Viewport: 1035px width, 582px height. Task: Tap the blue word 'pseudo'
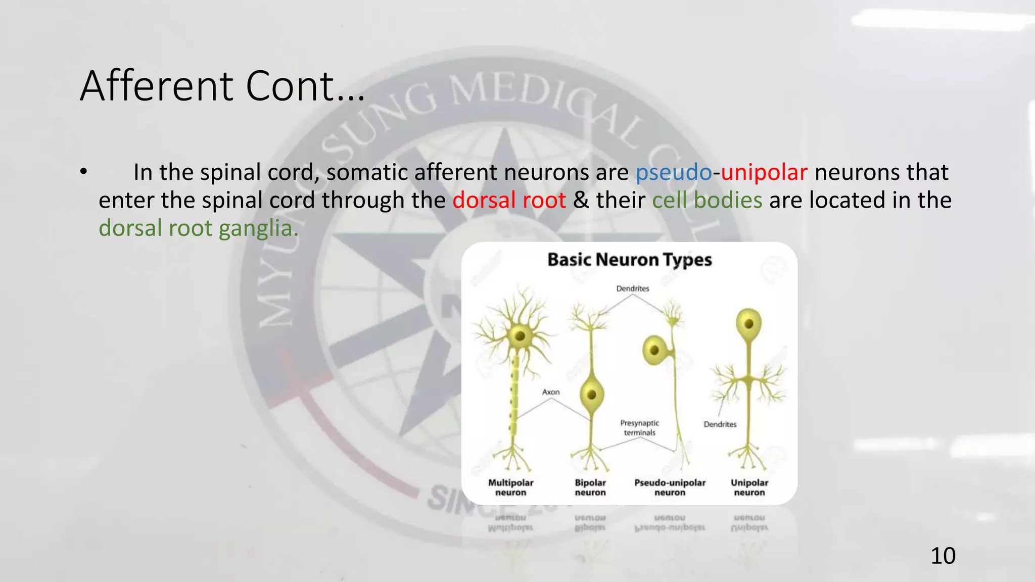[x=673, y=172]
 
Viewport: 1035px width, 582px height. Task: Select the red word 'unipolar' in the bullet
[x=764, y=172]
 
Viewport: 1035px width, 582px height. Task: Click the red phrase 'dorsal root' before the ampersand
[x=508, y=200]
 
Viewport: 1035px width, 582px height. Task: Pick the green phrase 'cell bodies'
[x=707, y=200]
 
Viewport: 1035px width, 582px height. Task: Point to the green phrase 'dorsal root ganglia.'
[x=198, y=228]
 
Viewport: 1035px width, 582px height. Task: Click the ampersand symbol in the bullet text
[x=581, y=200]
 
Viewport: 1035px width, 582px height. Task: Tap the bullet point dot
[x=83, y=172]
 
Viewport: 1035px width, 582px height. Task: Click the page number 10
[x=943, y=556]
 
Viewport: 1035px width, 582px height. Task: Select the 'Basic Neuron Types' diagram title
[x=629, y=260]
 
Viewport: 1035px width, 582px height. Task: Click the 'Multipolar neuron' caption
[x=510, y=488]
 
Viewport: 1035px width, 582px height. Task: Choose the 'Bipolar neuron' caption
[x=590, y=488]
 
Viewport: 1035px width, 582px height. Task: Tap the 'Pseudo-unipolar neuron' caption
[x=670, y=488]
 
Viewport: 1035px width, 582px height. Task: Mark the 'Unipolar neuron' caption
[x=749, y=488]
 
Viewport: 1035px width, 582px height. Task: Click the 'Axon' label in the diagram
[x=550, y=392]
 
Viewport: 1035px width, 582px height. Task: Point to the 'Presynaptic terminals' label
[x=639, y=427]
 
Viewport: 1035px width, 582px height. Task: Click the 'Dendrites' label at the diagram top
[x=632, y=288]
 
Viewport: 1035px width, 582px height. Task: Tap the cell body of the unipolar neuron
[x=748, y=324]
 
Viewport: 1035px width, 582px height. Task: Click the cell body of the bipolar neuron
[x=591, y=395]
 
